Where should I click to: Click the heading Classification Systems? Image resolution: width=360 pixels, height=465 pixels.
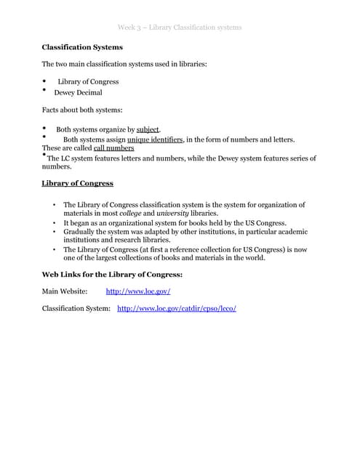click(82, 47)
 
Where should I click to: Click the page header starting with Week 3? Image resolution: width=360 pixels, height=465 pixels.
click(180, 28)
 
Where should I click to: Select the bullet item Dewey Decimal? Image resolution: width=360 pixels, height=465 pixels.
click(78, 93)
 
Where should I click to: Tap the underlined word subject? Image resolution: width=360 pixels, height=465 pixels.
click(148, 129)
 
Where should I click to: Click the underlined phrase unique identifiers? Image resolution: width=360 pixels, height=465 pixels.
click(155, 139)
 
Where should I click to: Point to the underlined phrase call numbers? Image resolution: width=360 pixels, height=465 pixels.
click(114, 147)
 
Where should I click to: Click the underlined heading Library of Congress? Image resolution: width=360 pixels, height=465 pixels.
click(77, 183)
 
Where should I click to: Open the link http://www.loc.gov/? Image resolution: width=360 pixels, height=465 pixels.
click(138, 291)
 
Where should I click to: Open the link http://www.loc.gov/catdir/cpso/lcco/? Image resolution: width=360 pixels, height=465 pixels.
click(177, 309)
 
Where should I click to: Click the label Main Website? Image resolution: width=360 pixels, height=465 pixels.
click(65, 291)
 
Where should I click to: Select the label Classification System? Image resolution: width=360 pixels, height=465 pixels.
click(76, 309)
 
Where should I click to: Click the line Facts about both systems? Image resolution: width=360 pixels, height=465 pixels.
click(81, 110)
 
